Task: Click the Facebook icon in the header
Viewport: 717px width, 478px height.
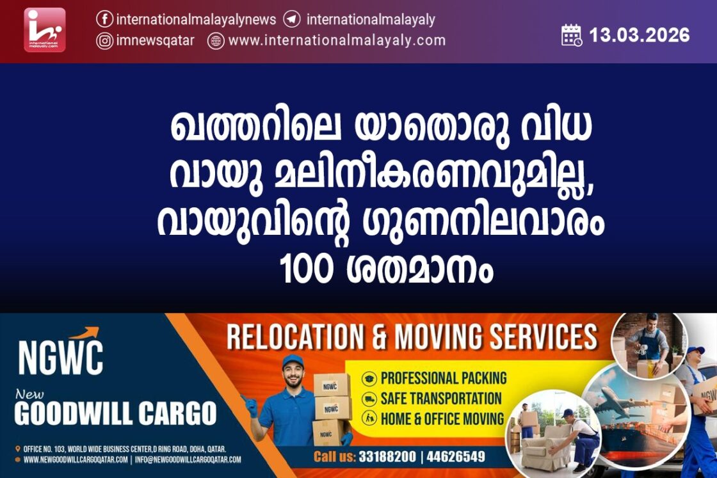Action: [105, 19]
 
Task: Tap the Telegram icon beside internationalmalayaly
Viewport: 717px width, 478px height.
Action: [292, 19]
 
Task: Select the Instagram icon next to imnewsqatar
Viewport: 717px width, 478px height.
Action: [105, 41]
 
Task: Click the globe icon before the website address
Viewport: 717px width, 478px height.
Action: [215, 41]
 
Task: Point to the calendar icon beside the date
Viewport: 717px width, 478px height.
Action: [572, 35]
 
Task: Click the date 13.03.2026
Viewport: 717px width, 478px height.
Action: [640, 35]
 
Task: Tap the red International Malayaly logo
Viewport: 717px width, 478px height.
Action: [45, 29]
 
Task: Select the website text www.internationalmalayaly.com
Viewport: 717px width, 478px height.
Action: [337, 41]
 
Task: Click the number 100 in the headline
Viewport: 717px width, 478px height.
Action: [306, 269]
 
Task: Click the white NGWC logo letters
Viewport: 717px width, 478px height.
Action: [60, 358]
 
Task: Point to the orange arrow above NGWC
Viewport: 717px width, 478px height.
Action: [85, 333]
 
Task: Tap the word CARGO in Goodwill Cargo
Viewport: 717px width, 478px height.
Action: [177, 413]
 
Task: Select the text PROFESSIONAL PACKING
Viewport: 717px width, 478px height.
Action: [444, 378]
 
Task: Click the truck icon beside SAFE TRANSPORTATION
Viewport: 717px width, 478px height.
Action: [369, 399]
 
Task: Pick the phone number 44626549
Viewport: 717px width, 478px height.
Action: [455, 456]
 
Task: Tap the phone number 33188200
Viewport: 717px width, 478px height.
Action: [387, 456]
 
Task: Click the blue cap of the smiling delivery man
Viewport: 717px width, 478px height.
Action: [293, 362]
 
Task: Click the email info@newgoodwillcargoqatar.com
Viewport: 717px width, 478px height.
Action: [188, 459]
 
